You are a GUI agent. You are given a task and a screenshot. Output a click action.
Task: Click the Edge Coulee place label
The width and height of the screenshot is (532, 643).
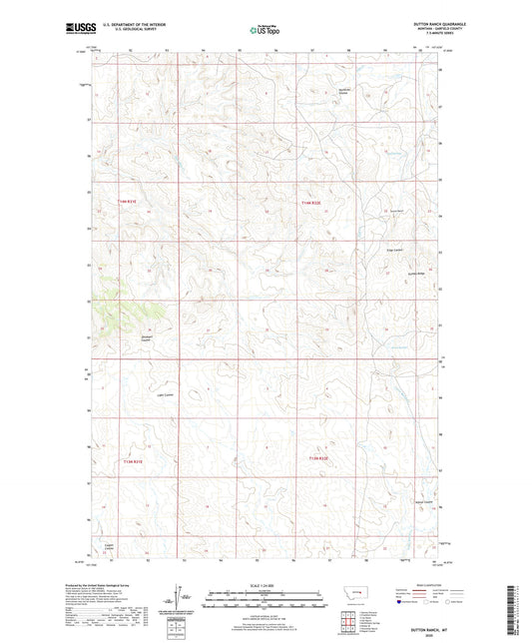(394, 251)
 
